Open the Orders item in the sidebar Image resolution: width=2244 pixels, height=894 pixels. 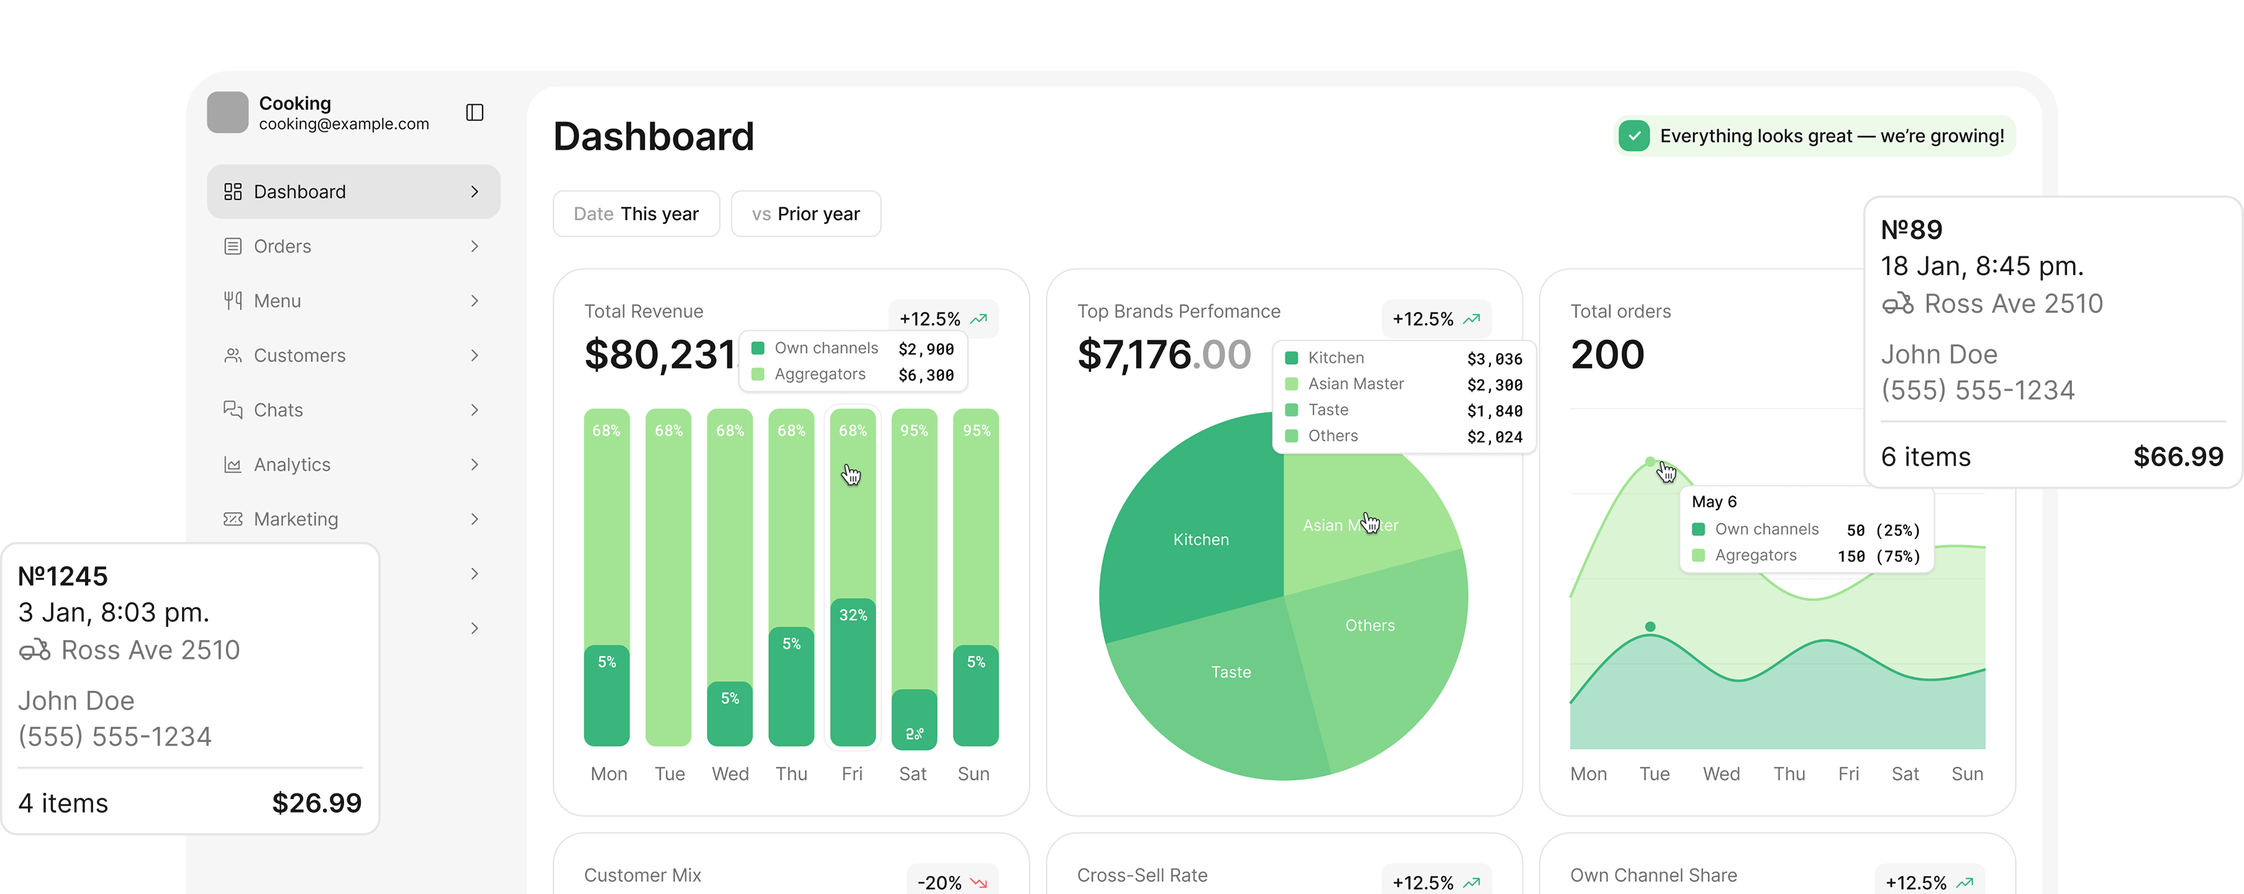click(281, 246)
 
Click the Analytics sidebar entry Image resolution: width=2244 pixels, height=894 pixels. click(292, 465)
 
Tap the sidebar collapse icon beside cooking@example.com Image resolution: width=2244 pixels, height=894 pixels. click(475, 112)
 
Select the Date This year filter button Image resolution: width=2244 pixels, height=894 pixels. click(636, 214)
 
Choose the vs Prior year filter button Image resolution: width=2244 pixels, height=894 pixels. click(806, 214)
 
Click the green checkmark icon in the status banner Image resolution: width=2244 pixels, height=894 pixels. click(1634, 136)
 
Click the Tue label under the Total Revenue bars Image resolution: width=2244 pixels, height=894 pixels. click(669, 774)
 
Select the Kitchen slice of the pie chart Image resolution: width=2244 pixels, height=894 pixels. click(1201, 540)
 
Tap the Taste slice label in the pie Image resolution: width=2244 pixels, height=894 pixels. click(1231, 672)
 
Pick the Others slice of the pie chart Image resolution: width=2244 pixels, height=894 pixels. click(1370, 626)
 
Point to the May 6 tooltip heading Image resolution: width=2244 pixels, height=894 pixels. click(1714, 502)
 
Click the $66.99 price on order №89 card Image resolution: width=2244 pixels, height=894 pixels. click(2178, 457)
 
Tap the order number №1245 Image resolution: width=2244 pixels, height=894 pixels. click(63, 576)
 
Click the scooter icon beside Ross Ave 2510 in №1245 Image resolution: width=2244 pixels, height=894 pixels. click(35, 650)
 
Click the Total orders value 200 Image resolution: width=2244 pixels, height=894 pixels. click(1607, 355)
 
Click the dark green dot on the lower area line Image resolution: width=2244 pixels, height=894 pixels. click(1650, 627)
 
